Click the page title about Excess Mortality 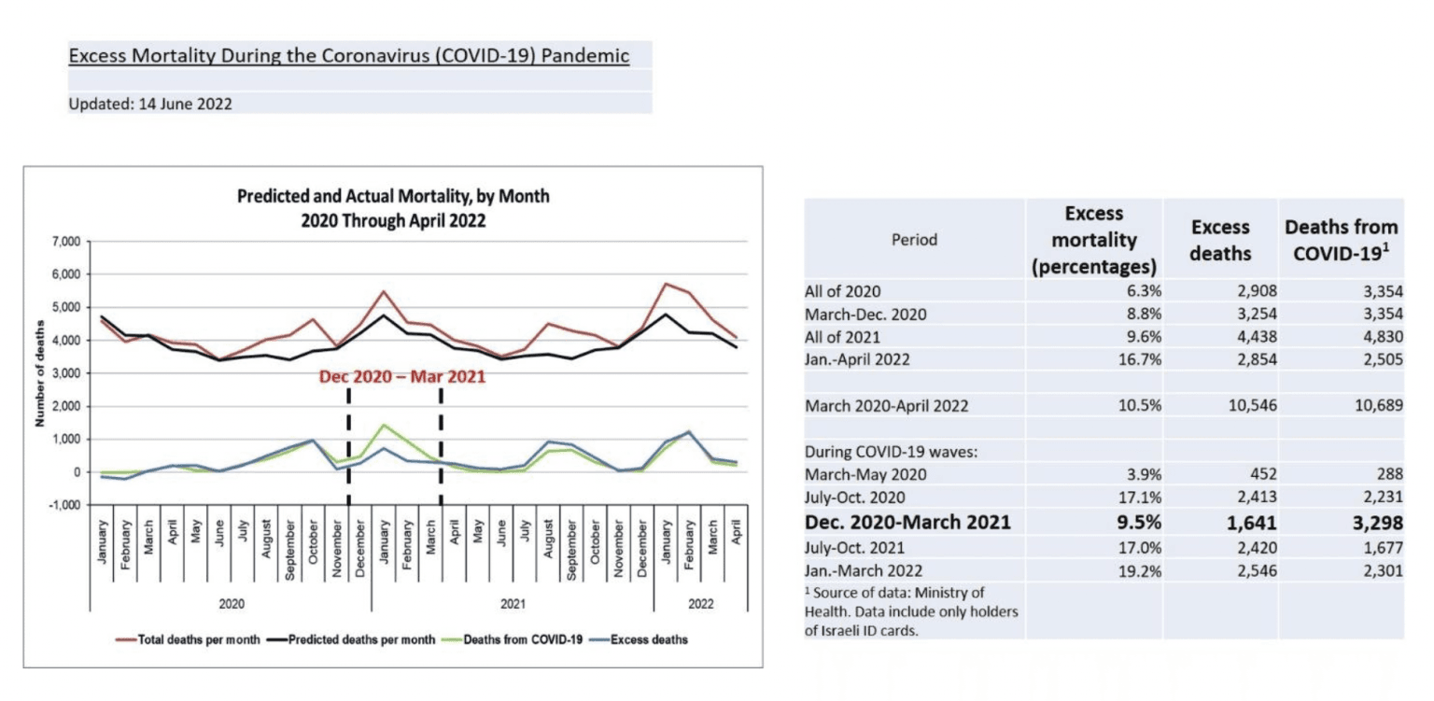(348, 56)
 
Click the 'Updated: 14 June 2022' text (150, 105)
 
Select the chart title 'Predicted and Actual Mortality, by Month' (393, 197)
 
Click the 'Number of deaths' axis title (40, 373)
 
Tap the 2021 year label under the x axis (512, 603)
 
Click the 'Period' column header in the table (915, 239)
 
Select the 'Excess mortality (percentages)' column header (1094, 239)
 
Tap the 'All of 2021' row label (843, 337)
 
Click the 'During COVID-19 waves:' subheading (878, 452)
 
